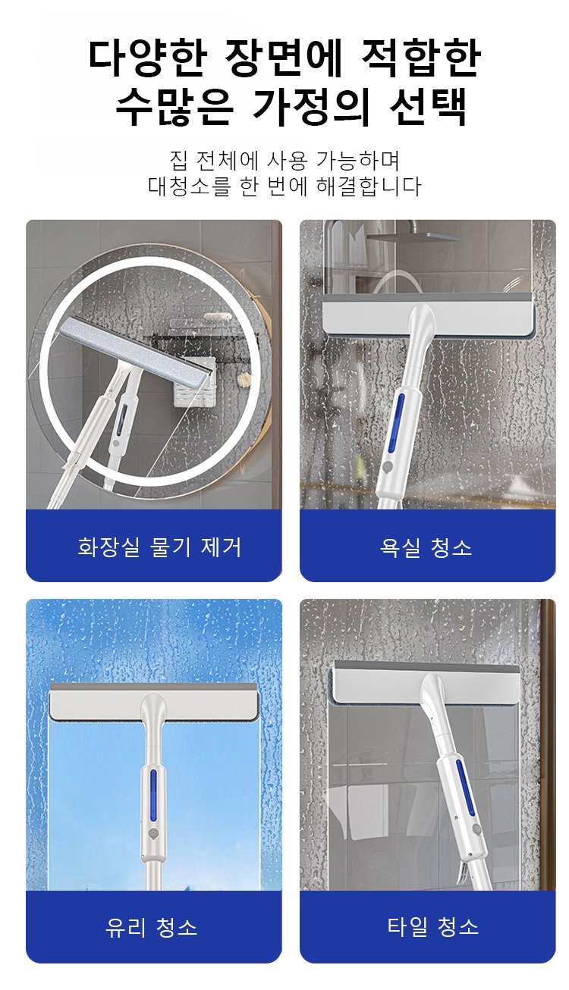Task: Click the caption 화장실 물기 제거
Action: tap(159, 547)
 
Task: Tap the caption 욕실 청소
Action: tap(426, 547)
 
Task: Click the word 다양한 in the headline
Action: tap(148, 58)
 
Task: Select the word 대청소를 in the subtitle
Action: tap(190, 186)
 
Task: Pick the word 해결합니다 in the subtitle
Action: tap(369, 186)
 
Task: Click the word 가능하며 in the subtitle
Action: tap(358, 161)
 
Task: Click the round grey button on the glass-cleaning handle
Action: tap(152, 835)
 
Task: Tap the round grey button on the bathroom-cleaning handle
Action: tap(387, 467)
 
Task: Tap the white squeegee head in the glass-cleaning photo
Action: tap(153, 701)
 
